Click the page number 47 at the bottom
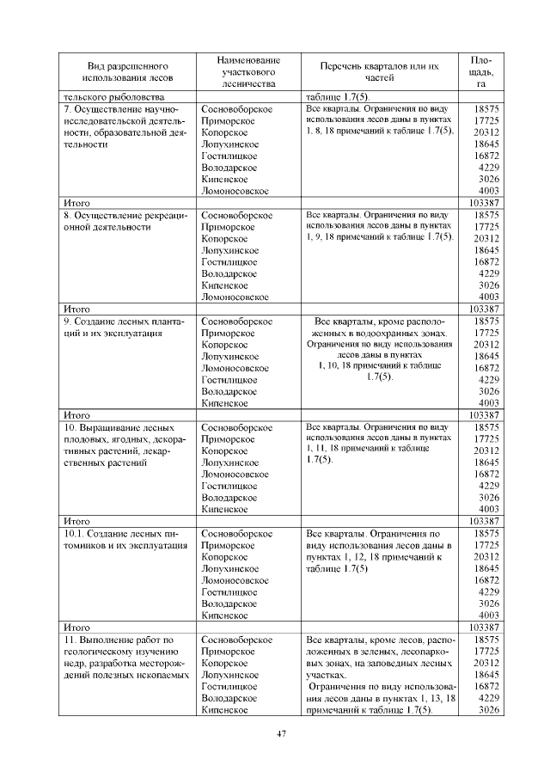coord(280,733)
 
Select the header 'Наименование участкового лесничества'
coord(248,72)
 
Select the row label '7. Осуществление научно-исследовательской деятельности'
coord(119,127)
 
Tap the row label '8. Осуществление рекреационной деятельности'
coord(119,221)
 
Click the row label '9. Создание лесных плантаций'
coord(119,327)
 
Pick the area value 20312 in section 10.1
coord(486,557)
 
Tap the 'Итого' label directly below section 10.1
coord(77,628)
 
